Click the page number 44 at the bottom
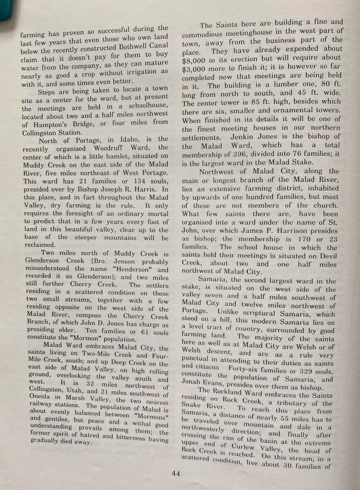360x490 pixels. click(x=175, y=474)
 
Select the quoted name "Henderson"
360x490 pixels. click(x=138, y=270)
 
